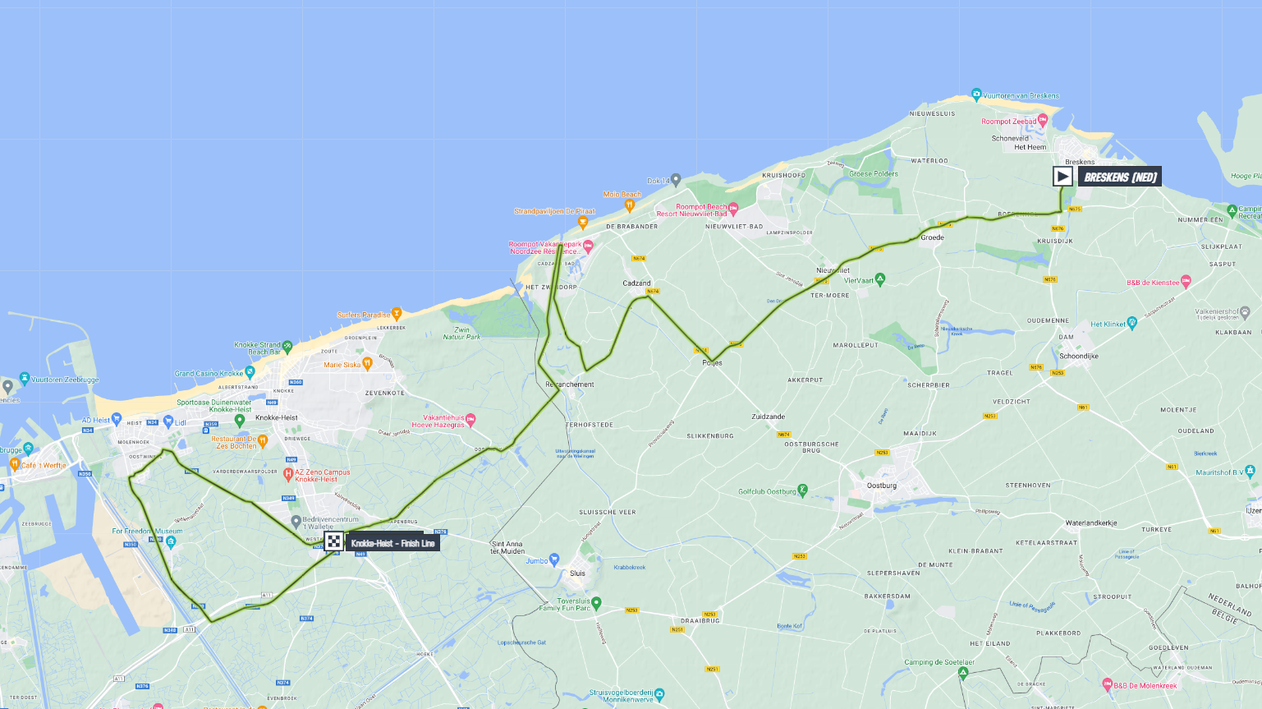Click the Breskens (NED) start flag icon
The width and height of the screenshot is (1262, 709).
[1062, 176]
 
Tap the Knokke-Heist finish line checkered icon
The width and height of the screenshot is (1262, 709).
[333, 541]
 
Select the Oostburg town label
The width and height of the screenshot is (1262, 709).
[881, 486]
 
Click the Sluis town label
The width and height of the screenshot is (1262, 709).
[578, 573]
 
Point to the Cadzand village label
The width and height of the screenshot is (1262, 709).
[636, 283]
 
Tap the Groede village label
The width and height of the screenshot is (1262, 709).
[932, 237]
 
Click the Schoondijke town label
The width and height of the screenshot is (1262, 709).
[1078, 356]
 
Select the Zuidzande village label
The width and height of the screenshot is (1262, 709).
[768, 417]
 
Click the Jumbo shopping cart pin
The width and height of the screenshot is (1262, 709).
[555, 559]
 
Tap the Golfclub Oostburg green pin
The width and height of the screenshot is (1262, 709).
[803, 490]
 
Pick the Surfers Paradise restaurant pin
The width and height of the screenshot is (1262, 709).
[397, 313]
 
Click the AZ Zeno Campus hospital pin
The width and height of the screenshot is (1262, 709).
[288, 474]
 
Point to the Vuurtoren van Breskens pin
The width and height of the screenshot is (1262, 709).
[975, 94]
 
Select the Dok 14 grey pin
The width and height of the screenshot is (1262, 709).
[676, 178]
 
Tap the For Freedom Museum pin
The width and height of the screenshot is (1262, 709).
[171, 541]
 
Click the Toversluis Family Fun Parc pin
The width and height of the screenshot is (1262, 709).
[597, 603]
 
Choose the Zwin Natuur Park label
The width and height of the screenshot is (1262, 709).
[461, 333]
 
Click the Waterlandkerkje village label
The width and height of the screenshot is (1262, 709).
[1090, 523]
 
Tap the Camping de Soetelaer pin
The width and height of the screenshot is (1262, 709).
[963, 673]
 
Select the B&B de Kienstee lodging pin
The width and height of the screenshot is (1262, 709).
[1185, 281]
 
